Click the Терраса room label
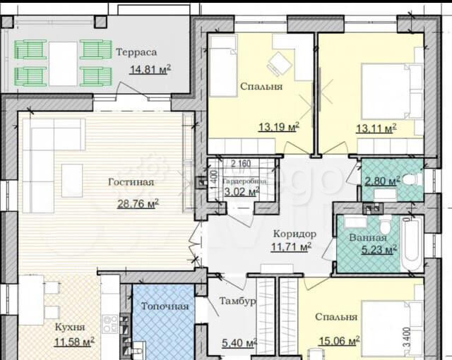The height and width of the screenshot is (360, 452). point(136,52)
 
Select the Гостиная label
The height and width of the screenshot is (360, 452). point(131,182)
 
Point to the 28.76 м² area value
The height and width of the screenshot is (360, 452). point(138,203)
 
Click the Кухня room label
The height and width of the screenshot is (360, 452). point(70,328)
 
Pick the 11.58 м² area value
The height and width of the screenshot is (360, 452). point(74,342)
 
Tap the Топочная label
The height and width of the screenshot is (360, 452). point(165,306)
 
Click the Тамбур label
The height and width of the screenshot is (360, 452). point(237,301)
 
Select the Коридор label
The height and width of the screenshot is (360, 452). point(295,234)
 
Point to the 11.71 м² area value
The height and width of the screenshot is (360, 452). point(291,247)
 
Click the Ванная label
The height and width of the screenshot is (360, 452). point(368,238)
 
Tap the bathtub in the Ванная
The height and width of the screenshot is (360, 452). point(412,244)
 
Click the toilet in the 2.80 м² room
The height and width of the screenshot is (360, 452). point(412,180)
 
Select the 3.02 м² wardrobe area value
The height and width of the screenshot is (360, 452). point(242,191)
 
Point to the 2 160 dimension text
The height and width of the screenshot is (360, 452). point(241,164)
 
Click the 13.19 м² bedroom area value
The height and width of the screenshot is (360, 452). point(279,127)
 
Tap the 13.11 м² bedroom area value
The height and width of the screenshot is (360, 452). point(376,128)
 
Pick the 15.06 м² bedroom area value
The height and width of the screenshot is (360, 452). point(339,341)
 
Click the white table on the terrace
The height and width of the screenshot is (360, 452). point(63,64)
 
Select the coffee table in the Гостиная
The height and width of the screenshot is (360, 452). point(72,181)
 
